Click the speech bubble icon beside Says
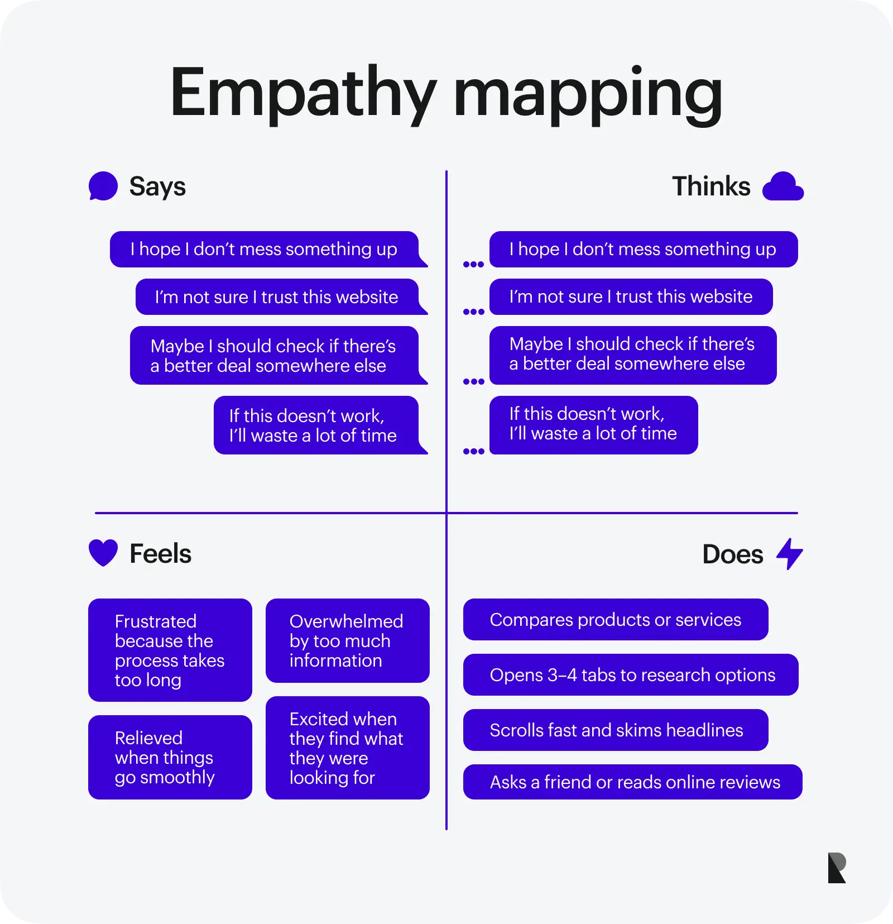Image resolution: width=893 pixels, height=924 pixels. (x=103, y=186)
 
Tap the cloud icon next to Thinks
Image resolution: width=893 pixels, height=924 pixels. (x=782, y=186)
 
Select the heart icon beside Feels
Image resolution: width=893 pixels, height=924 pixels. (x=103, y=553)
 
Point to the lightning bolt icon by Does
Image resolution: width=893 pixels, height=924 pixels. (x=790, y=553)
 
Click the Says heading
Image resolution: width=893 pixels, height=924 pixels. (x=157, y=186)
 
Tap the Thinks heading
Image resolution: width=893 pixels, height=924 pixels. (x=711, y=186)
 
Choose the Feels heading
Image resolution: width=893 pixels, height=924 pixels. (x=160, y=554)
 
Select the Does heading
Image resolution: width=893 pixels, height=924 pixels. (x=732, y=554)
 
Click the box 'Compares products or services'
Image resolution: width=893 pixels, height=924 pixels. (x=616, y=620)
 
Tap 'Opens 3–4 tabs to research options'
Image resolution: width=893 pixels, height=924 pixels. (x=631, y=675)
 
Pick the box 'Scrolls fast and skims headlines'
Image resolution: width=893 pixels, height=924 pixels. (x=616, y=730)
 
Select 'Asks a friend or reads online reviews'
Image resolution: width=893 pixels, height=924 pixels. (x=633, y=782)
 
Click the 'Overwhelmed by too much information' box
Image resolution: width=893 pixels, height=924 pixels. (x=347, y=641)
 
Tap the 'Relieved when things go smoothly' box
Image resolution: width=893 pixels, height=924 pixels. (x=170, y=758)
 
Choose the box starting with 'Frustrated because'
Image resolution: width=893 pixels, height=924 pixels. (x=170, y=650)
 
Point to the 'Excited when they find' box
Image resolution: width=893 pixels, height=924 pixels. (x=347, y=748)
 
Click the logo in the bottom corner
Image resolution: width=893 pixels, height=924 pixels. (x=837, y=868)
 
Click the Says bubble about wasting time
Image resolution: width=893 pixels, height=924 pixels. (x=316, y=425)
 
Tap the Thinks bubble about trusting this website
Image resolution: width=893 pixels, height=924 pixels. (x=631, y=296)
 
